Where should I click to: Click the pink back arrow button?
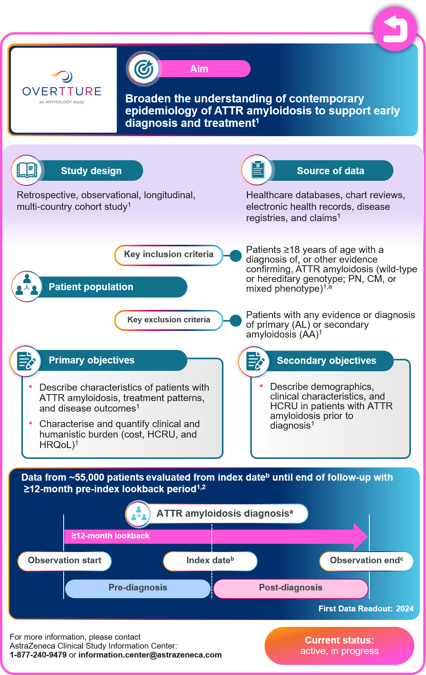395,29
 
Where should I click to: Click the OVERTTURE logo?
62,88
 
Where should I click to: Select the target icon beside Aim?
144,69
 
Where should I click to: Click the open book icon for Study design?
27,170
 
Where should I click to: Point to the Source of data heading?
331,171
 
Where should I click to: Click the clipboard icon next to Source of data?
258,170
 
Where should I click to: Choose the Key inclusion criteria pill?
169,255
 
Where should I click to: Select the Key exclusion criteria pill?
169,320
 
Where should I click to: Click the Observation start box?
64,561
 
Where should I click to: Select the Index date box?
210,561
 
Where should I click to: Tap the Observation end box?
366,561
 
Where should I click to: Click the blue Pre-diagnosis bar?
138,588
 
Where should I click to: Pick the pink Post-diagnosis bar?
290,588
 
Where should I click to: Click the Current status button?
339,646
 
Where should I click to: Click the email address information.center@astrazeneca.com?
150,655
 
